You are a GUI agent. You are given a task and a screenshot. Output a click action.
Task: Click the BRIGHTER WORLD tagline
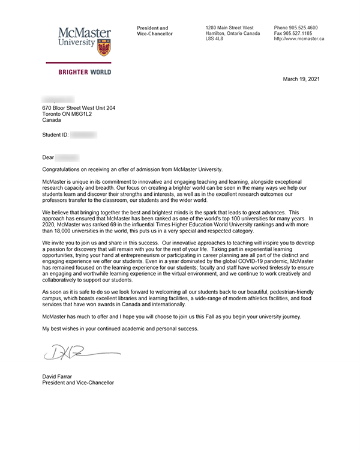[84, 72]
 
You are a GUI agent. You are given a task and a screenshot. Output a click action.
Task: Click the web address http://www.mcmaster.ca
[299, 38]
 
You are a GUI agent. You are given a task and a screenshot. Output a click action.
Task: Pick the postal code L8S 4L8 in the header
[215, 38]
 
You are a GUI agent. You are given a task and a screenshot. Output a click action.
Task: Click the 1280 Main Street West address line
[229, 28]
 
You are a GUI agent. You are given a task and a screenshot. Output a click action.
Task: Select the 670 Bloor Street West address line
[79, 108]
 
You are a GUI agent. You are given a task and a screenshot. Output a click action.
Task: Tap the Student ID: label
[55, 136]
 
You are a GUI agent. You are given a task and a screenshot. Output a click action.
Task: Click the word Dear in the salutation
[48, 157]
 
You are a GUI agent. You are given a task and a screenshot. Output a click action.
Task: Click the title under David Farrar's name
[77, 383]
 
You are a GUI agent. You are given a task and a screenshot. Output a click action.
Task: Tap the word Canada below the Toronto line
[52, 120]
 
